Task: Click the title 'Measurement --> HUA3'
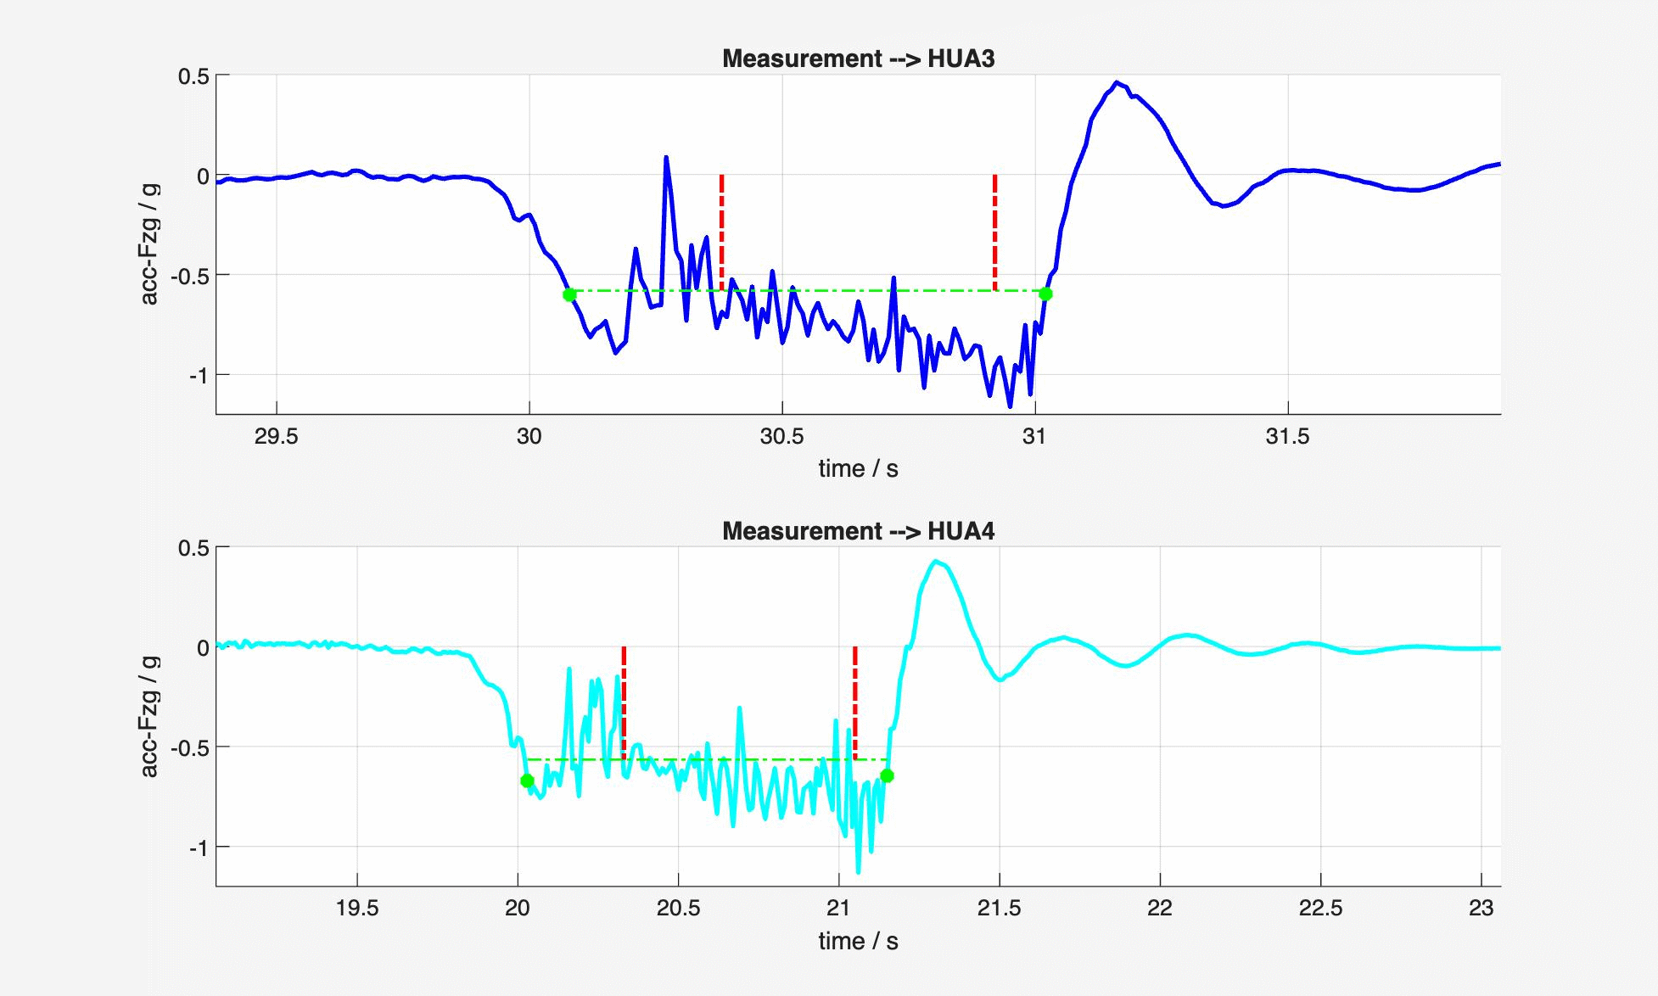click(x=858, y=59)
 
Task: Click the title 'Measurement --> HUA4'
click(x=858, y=531)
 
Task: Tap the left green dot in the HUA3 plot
click(x=569, y=294)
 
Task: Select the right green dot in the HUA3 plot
click(x=1045, y=294)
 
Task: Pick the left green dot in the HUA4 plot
click(x=527, y=781)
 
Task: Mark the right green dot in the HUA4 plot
click(x=887, y=775)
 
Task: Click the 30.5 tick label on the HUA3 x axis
click(x=781, y=437)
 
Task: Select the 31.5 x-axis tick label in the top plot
click(x=1287, y=437)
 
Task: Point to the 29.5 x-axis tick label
click(x=277, y=437)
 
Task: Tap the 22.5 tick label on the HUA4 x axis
click(x=1320, y=909)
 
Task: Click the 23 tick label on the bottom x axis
click(x=1481, y=909)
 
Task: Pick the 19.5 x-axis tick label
click(x=357, y=909)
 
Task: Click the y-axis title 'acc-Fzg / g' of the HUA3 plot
click(x=149, y=243)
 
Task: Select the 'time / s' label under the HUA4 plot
click(x=858, y=941)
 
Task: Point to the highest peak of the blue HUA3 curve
click(x=1117, y=82)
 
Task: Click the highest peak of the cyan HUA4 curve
click(x=935, y=561)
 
